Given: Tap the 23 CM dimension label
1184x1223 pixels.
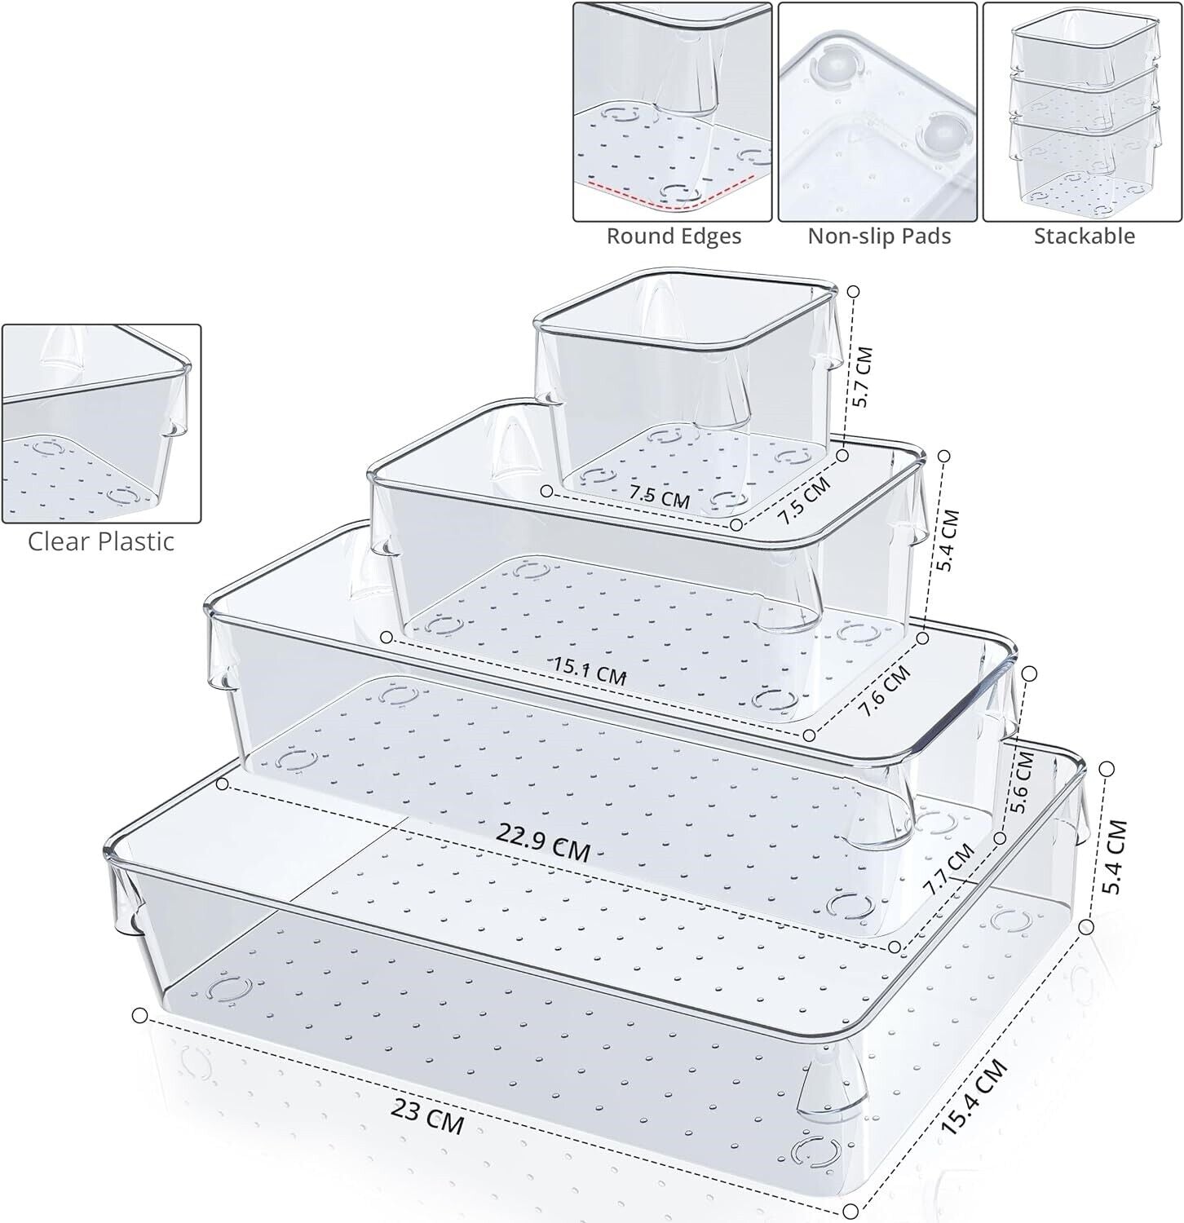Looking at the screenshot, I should (427, 1116).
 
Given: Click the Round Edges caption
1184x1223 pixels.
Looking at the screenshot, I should (674, 236).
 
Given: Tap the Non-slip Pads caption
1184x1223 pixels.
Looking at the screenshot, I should (879, 236).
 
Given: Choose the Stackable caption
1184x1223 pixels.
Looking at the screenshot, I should (1084, 236).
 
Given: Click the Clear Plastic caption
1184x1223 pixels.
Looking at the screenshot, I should (101, 541).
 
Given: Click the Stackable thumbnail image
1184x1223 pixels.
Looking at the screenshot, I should (1083, 112).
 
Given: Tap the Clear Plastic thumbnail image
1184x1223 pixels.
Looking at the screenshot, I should (101, 424).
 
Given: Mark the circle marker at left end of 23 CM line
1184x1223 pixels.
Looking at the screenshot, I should (139, 1015).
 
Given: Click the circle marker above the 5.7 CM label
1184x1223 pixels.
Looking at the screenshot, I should (854, 291).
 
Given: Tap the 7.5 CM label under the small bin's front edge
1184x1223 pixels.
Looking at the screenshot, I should (659, 496).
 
